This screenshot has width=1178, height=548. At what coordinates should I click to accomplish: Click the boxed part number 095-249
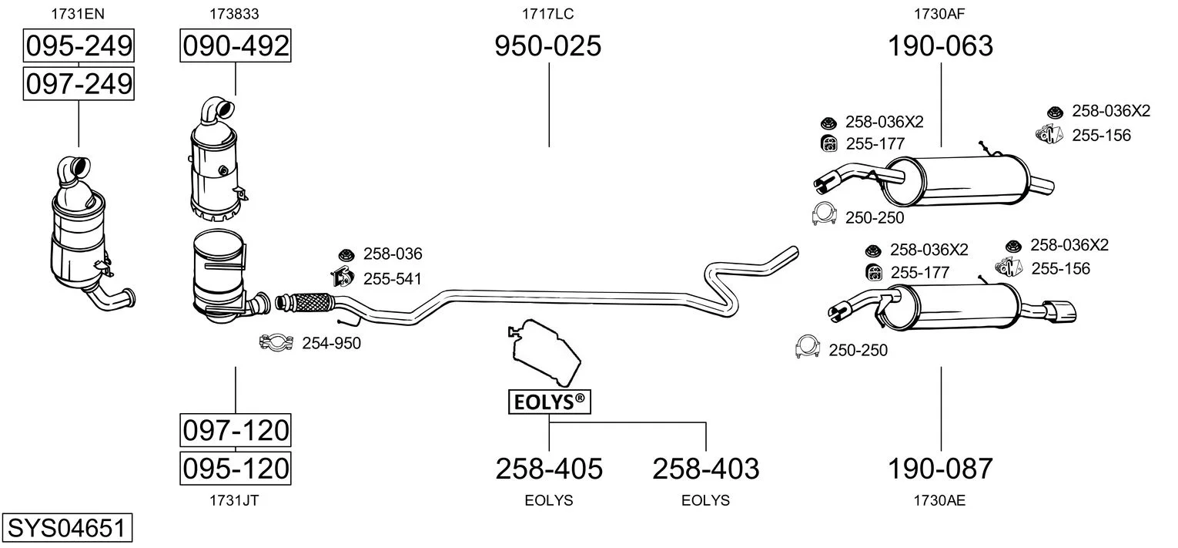[x=79, y=45]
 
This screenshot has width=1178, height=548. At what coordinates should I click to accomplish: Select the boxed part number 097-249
[x=79, y=84]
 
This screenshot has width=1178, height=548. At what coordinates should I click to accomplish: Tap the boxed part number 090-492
[x=236, y=45]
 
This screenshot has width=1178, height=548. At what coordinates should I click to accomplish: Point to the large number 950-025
[x=548, y=45]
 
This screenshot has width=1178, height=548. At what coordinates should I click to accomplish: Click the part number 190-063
[x=940, y=45]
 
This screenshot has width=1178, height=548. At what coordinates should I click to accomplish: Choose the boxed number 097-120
[x=236, y=430]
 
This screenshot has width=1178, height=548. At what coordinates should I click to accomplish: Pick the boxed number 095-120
[x=236, y=468]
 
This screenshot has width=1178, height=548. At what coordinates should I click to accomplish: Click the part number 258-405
[x=549, y=469]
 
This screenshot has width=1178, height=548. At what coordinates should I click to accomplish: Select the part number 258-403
[x=706, y=469]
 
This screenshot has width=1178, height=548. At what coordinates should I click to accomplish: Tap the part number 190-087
[x=940, y=469]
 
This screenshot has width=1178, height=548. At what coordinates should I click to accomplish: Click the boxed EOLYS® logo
[x=550, y=402]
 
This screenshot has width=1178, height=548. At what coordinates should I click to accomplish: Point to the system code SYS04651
[x=67, y=527]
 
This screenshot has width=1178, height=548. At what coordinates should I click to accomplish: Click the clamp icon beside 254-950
[x=276, y=343]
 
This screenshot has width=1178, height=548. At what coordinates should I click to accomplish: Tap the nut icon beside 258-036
[x=346, y=255]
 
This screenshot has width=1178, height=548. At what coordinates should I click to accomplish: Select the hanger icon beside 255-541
[x=342, y=277]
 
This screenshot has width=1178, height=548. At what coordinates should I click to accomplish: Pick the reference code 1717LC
[x=548, y=14]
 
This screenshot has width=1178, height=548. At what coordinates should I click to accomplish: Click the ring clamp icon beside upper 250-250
[x=824, y=213]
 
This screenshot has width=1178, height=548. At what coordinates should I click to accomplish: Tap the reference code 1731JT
[x=235, y=500]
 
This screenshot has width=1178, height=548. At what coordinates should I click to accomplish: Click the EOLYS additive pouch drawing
[x=544, y=351]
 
